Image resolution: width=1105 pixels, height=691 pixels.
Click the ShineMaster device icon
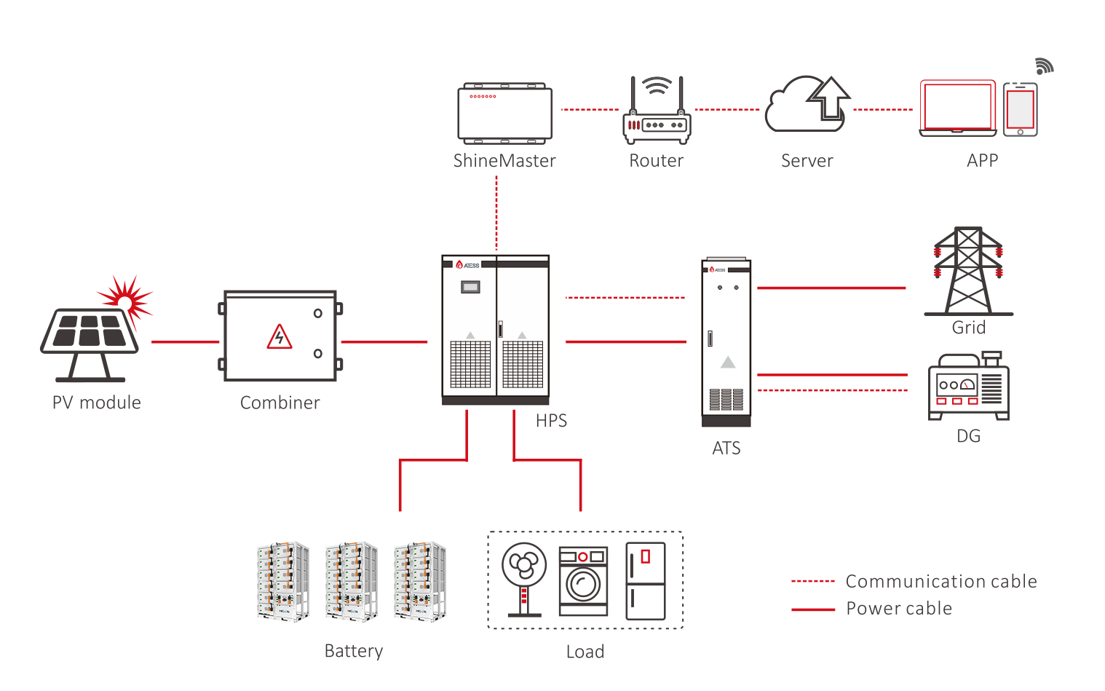pos(504,113)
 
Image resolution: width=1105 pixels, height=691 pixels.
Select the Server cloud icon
pos(807,106)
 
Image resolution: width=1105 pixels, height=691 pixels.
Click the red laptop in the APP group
pos(957,108)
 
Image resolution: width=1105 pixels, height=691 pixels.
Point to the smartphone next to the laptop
pos(1020,110)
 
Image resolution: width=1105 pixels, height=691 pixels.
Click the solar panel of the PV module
pos(90,331)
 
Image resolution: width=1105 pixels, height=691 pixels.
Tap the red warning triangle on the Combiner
pos(280,337)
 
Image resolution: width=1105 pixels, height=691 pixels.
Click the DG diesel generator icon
pos(968,387)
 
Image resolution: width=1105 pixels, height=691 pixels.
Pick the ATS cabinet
pos(726,342)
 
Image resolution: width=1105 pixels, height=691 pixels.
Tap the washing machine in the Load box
pos(583,581)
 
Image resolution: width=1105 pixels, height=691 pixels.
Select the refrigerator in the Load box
pos(646,581)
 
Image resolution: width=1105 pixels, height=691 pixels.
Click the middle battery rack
pos(351,580)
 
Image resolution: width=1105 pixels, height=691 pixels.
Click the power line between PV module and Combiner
pos(185,341)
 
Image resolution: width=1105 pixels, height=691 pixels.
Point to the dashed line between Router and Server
pos(727,110)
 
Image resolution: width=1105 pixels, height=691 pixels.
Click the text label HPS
pos(551,421)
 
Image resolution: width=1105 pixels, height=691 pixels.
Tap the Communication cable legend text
pos(940,581)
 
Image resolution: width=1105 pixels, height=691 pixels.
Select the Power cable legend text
pos(898,609)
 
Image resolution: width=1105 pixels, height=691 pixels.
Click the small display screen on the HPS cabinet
pos(470,287)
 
